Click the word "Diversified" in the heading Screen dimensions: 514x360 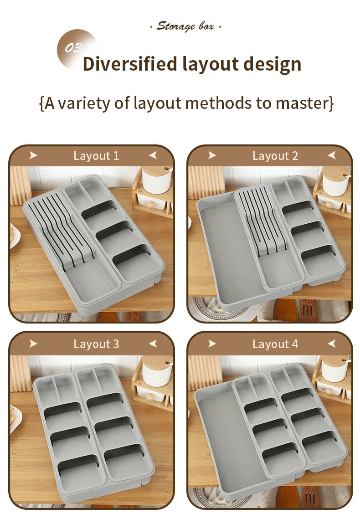pos(129,64)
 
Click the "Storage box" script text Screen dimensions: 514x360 pos(185,26)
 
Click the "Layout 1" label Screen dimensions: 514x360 pos(96,156)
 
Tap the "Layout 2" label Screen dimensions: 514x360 pos(275,156)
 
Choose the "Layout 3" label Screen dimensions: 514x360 pos(96,344)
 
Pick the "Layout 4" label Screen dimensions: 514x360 pos(275,344)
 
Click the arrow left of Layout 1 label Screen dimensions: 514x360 pos(33,155)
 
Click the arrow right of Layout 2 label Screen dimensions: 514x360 pos(332,155)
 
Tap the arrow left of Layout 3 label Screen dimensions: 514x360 pos(33,344)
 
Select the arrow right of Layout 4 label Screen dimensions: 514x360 pos(332,344)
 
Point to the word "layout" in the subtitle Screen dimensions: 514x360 pos(157,103)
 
